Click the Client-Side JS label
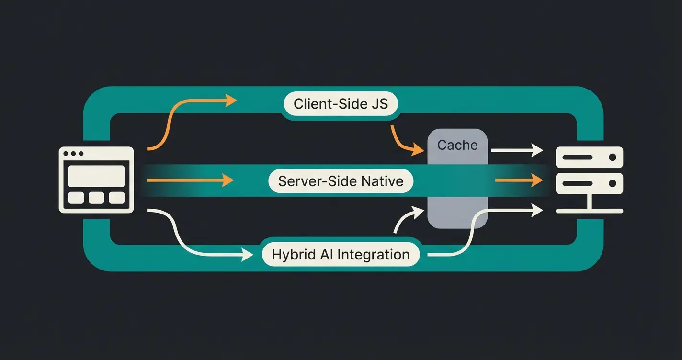click(341, 104)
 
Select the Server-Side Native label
click(341, 181)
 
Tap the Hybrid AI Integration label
click(341, 255)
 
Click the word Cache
click(457, 145)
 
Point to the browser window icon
click(96, 180)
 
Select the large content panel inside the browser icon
click(96, 176)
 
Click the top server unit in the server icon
click(589, 157)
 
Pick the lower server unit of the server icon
click(589, 183)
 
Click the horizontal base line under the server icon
click(589, 211)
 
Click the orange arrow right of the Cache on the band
click(520, 180)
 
